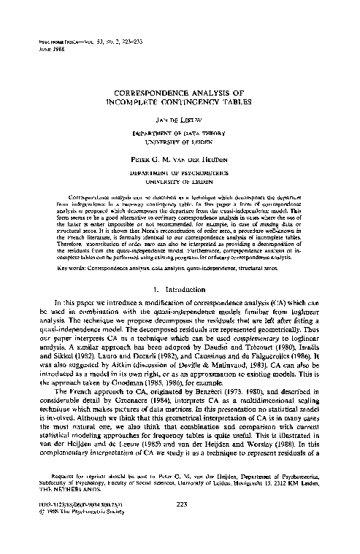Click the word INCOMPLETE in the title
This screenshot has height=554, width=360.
[x=146, y=104]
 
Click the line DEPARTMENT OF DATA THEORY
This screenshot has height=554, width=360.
[x=179, y=134]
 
